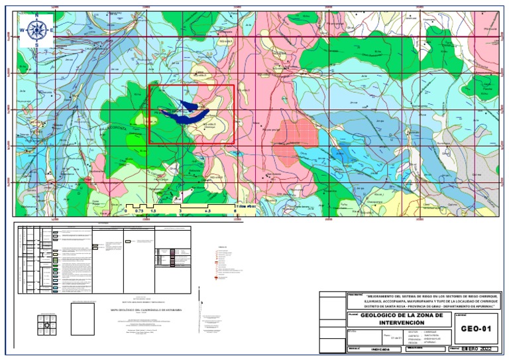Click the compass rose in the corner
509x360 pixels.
36,30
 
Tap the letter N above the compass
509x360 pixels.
36,15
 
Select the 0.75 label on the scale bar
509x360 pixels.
139,210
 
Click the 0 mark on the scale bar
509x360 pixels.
125,210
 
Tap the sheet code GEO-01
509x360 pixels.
475,328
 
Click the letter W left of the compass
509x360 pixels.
22,30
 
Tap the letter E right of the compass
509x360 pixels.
52,30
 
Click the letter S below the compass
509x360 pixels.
36,44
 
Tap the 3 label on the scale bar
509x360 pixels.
180,210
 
